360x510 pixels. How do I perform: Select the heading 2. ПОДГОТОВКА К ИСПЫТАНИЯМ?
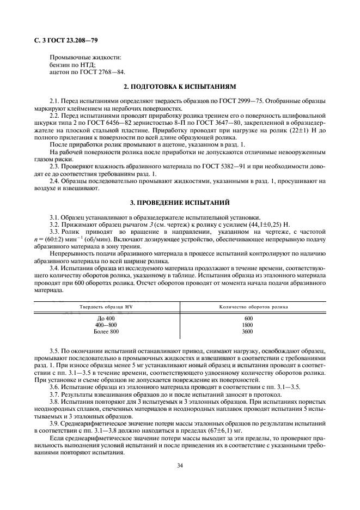pos(180,87)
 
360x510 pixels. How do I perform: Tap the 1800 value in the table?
pos(248,325)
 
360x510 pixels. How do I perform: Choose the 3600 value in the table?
pos(248,331)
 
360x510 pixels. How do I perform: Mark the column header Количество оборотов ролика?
pos(254,307)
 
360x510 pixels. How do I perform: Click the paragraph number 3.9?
pos(56,423)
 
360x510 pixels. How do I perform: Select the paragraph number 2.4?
pos(56,180)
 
